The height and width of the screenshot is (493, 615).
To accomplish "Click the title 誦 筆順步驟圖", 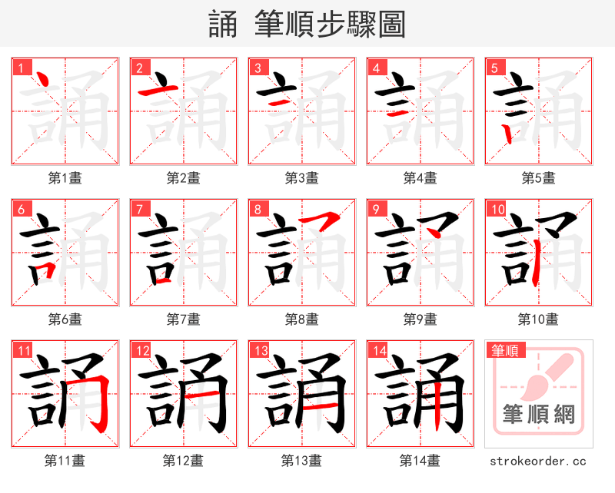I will point(307,25).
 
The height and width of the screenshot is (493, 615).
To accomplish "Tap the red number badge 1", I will point(19,68).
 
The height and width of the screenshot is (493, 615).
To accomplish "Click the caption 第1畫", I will point(65,178).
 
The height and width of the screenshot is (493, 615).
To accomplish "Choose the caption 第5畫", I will point(538,178).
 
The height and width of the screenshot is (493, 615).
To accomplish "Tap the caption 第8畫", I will point(301,319).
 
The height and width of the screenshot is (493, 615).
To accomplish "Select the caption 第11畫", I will point(65,461).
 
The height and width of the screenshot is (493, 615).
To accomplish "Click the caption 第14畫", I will point(420,461).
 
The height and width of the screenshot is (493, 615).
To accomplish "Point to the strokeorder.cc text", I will point(538,461).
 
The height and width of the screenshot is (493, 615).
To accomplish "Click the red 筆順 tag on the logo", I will point(505,351).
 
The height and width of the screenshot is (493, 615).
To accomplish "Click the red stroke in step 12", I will point(204,392).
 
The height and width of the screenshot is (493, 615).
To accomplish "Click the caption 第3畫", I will point(301,178).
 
